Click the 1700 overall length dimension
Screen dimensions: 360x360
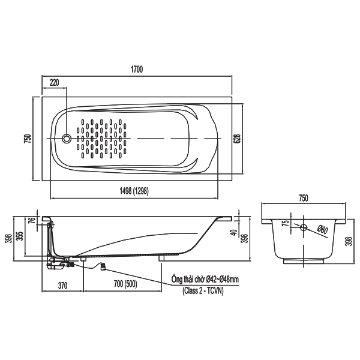click(137, 69)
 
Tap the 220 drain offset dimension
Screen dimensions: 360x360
click(55, 82)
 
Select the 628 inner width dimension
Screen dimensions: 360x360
click(237, 139)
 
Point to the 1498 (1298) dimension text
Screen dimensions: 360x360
click(134, 191)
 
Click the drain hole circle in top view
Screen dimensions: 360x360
click(67, 139)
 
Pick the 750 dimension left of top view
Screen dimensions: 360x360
click(28, 139)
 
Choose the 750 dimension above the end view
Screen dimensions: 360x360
click(304, 198)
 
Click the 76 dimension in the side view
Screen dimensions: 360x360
click(33, 220)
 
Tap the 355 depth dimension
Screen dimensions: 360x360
click(20, 236)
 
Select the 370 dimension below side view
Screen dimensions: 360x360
click(62, 286)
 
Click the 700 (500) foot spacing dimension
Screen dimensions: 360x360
click(125, 284)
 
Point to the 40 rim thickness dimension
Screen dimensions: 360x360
click(235, 233)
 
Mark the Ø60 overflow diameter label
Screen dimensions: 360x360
click(322, 229)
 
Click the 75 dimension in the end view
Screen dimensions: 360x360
click(286, 223)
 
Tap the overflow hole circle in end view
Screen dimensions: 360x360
click(304, 227)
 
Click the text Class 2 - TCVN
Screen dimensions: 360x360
click(203, 291)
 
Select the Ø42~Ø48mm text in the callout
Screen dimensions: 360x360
click(222, 279)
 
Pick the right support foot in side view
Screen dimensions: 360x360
click(161, 258)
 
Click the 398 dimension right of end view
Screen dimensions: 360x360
click(349, 241)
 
